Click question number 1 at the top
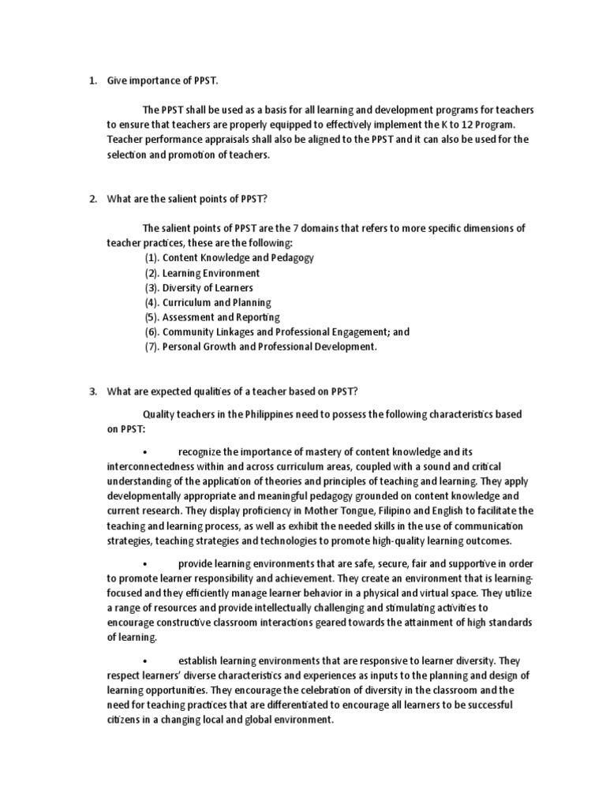click(92, 80)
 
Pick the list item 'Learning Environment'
click(211, 272)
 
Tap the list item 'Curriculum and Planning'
click(216, 302)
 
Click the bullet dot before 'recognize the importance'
click(146, 452)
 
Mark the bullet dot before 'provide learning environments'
click(146, 564)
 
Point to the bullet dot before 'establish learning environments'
click(146, 661)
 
